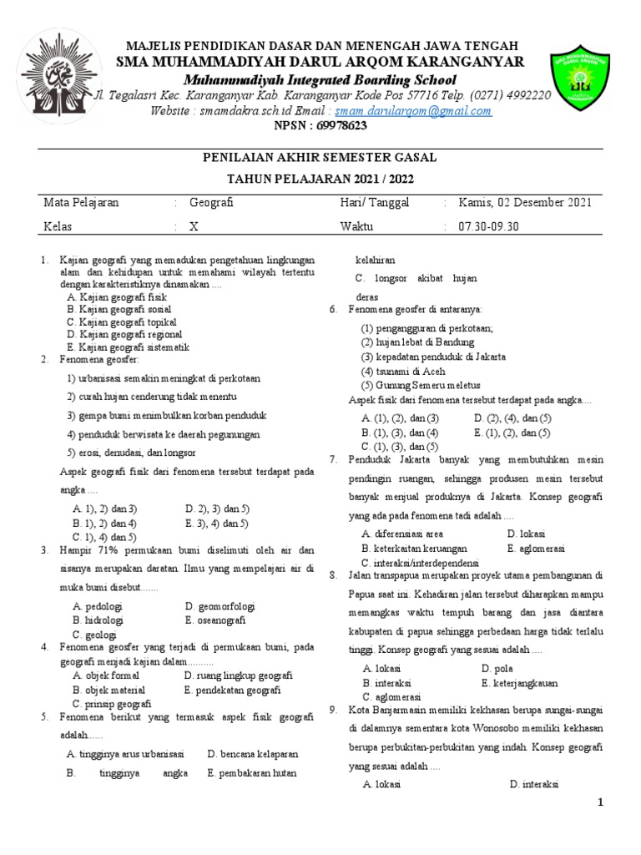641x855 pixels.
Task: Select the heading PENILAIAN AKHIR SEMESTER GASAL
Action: (x=320, y=158)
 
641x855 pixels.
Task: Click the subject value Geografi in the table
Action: (x=212, y=203)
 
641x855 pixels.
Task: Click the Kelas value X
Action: (x=194, y=226)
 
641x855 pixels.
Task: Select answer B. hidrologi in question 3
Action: (x=98, y=620)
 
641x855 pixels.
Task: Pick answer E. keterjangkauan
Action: (x=527, y=682)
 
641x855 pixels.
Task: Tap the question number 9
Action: (x=331, y=710)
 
